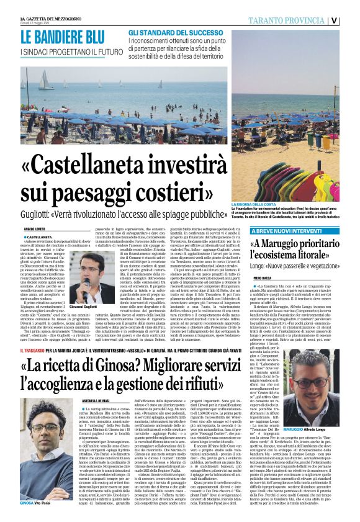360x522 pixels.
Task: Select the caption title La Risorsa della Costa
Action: (251, 204)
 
